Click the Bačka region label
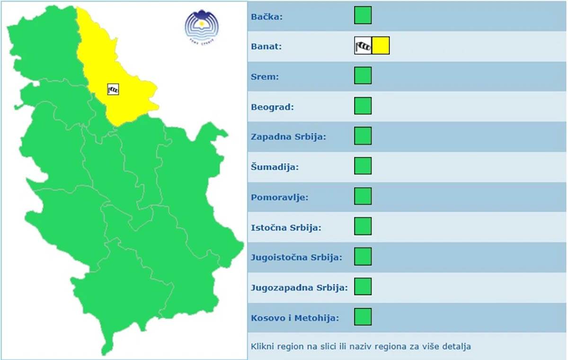point(266,17)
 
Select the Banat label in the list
point(266,47)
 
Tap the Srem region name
point(265,77)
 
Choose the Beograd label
point(272,107)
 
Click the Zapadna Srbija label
point(288,137)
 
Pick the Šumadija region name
point(275,167)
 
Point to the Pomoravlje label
point(279,197)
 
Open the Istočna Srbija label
point(286,227)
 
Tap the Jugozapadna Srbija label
point(299,288)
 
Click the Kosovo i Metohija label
point(295,318)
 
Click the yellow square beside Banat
point(381,45)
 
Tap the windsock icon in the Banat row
point(363,45)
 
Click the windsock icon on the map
point(113,89)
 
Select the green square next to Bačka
point(363,15)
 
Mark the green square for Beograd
point(363,106)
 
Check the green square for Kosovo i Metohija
point(363,316)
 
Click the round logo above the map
point(202,26)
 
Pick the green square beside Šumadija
point(363,166)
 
